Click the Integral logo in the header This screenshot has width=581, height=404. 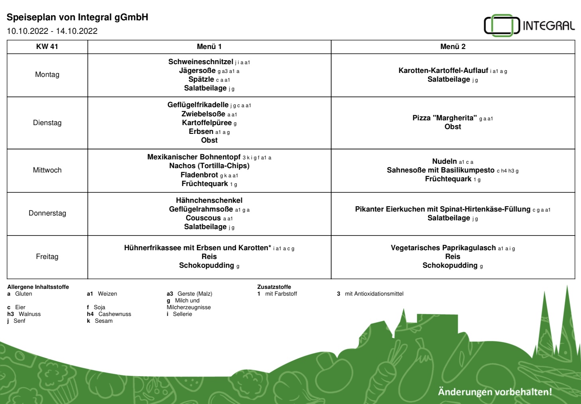pyautogui.click(x=529, y=25)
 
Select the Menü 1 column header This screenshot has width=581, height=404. pyautogui.click(x=209, y=47)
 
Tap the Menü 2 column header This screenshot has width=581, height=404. pyautogui.click(x=453, y=47)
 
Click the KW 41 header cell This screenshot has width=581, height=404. pyautogui.click(x=47, y=47)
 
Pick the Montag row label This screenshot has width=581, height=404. pyautogui.click(x=47, y=75)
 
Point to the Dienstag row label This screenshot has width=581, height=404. pyautogui.click(x=47, y=123)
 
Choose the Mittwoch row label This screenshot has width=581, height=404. pyautogui.click(x=47, y=170)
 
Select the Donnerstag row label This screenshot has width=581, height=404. pyautogui.click(x=47, y=213)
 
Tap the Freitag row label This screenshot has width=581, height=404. pyautogui.click(x=47, y=257)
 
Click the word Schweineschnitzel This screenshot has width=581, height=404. pyautogui.click(x=200, y=62)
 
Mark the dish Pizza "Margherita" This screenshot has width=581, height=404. pyautogui.click(x=444, y=118)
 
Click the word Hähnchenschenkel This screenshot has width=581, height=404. pyautogui.click(x=209, y=200)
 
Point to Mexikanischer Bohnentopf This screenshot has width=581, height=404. pyautogui.click(x=194, y=157)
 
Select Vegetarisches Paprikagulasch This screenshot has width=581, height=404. pyautogui.click(x=443, y=248)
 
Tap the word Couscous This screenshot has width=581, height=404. pyautogui.click(x=203, y=218)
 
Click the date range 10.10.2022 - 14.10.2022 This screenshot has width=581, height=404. pyautogui.click(x=52, y=31)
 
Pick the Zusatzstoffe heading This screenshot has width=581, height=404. pyautogui.click(x=274, y=287)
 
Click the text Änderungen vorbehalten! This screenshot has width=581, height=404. pyautogui.click(x=495, y=392)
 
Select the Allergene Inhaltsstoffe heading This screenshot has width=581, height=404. pyautogui.click(x=38, y=287)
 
